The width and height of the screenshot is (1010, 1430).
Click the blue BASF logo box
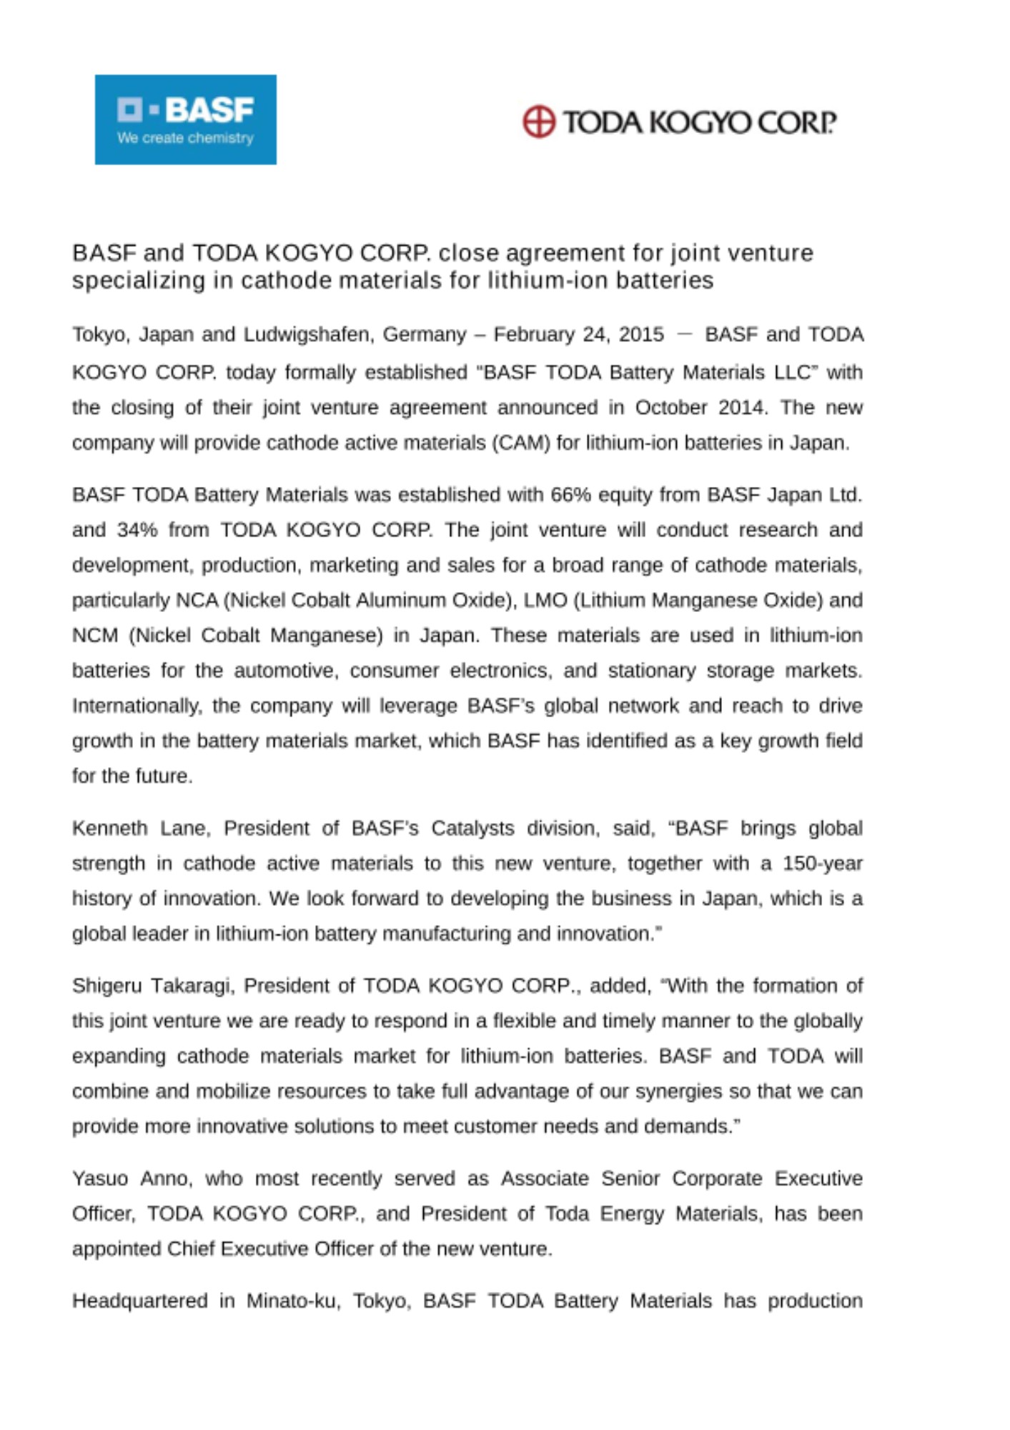185,119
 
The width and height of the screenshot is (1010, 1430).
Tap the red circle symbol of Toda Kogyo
538,122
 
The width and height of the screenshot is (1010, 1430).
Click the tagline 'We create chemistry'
185,138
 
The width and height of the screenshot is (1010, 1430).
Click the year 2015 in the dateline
641,335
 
